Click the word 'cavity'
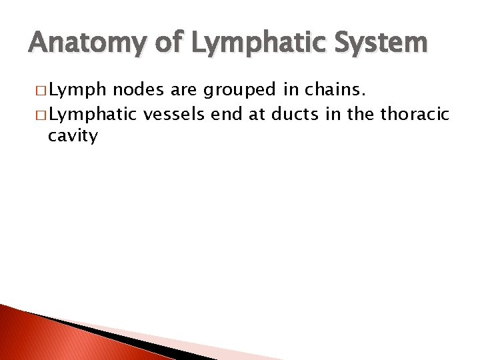73,137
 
